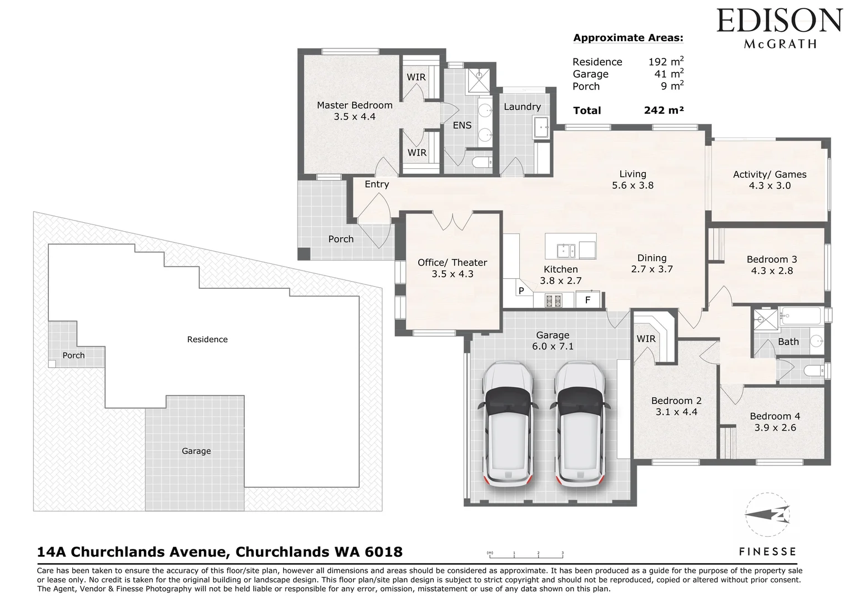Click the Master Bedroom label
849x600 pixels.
click(x=354, y=105)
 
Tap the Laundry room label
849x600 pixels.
click(x=522, y=107)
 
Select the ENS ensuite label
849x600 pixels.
click(x=462, y=125)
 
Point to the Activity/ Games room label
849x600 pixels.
click(x=770, y=174)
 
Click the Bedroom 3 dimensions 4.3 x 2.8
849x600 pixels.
click(x=772, y=271)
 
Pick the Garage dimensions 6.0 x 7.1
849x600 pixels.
click(x=552, y=346)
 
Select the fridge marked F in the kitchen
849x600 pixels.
click(x=588, y=299)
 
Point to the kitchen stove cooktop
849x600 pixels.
click(x=554, y=301)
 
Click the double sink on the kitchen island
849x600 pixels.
click(x=566, y=251)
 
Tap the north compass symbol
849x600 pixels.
click(x=767, y=514)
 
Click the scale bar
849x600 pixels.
click(x=525, y=555)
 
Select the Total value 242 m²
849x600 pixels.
click(x=664, y=111)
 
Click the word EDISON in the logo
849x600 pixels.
click(x=779, y=22)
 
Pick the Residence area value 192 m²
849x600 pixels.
click(x=666, y=61)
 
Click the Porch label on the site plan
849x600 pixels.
click(x=73, y=356)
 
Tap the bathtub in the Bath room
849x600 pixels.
click(x=801, y=316)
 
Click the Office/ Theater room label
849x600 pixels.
click(x=452, y=262)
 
